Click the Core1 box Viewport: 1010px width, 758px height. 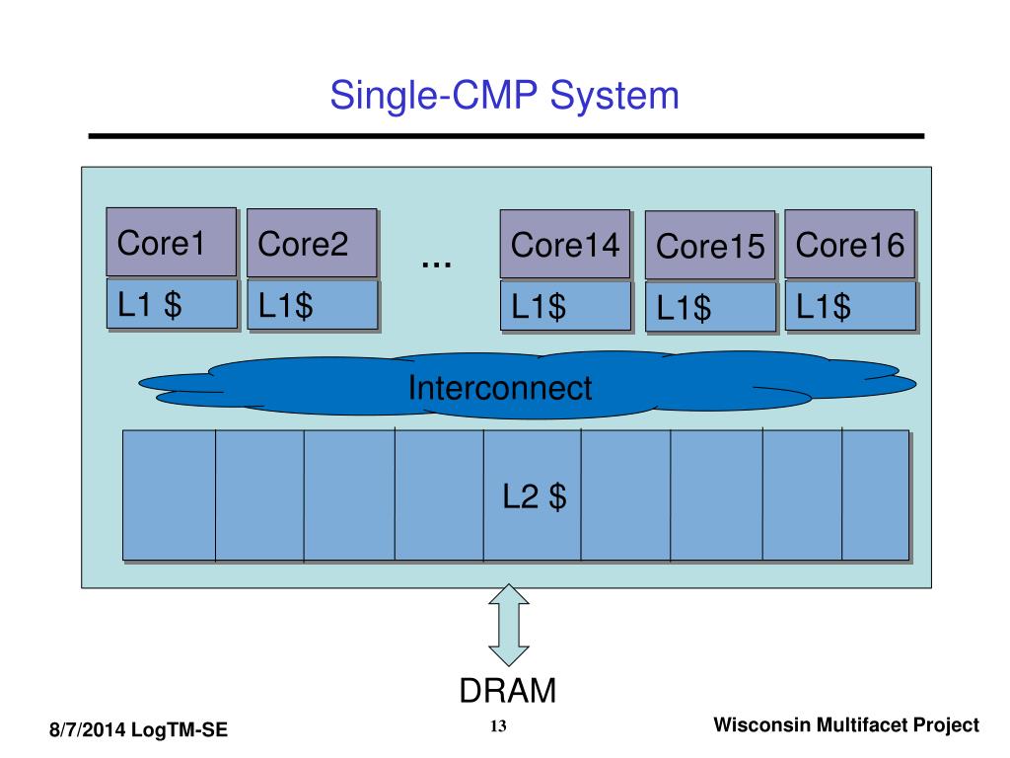(x=172, y=242)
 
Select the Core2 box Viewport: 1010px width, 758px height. (x=312, y=243)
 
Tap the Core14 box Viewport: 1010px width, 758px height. (x=565, y=244)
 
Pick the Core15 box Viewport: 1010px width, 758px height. (x=710, y=245)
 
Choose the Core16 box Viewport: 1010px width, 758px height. (x=849, y=244)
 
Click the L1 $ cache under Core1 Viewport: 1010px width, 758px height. (x=172, y=303)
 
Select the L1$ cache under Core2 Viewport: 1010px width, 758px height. (x=313, y=304)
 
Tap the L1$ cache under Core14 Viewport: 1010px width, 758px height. (x=565, y=306)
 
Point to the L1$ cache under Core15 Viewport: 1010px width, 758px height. (x=710, y=307)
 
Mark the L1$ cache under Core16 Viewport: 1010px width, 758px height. (x=850, y=306)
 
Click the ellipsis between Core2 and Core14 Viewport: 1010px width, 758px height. (x=436, y=264)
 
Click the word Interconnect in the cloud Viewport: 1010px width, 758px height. (x=500, y=387)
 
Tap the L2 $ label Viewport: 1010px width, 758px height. (x=534, y=496)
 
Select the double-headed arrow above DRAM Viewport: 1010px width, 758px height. (x=509, y=625)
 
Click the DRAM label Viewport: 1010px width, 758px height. (x=508, y=690)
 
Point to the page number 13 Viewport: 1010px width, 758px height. (x=498, y=725)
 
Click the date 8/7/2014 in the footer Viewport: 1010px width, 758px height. (x=87, y=729)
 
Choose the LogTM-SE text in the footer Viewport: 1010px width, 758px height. (x=180, y=729)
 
